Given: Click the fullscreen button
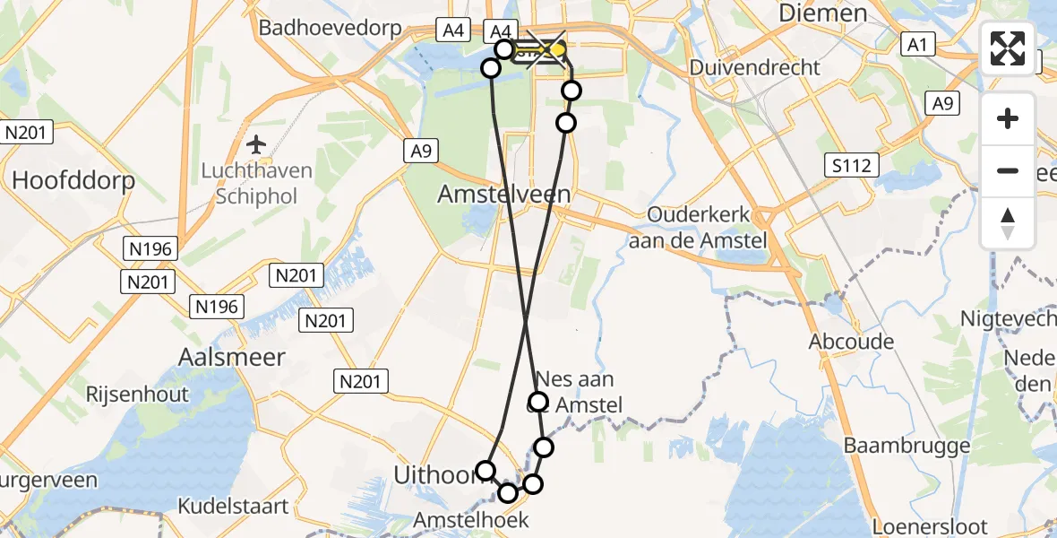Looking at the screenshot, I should coord(1008,48).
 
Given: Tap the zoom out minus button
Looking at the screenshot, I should coord(1008,170).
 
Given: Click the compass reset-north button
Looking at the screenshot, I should coord(1008,223).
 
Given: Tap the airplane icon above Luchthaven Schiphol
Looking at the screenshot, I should coord(257,143).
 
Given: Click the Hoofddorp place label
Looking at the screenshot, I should coord(73,180).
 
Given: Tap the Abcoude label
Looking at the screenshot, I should coord(851,342).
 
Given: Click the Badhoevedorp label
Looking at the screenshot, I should coord(331,28).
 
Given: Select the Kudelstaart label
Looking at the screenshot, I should coord(233,507).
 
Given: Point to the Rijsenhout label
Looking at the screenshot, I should coord(137,394).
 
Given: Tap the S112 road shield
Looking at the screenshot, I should coord(852,164).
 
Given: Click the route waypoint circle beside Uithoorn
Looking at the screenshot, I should coord(486,470).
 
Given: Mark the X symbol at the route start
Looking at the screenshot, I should coord(546,47).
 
